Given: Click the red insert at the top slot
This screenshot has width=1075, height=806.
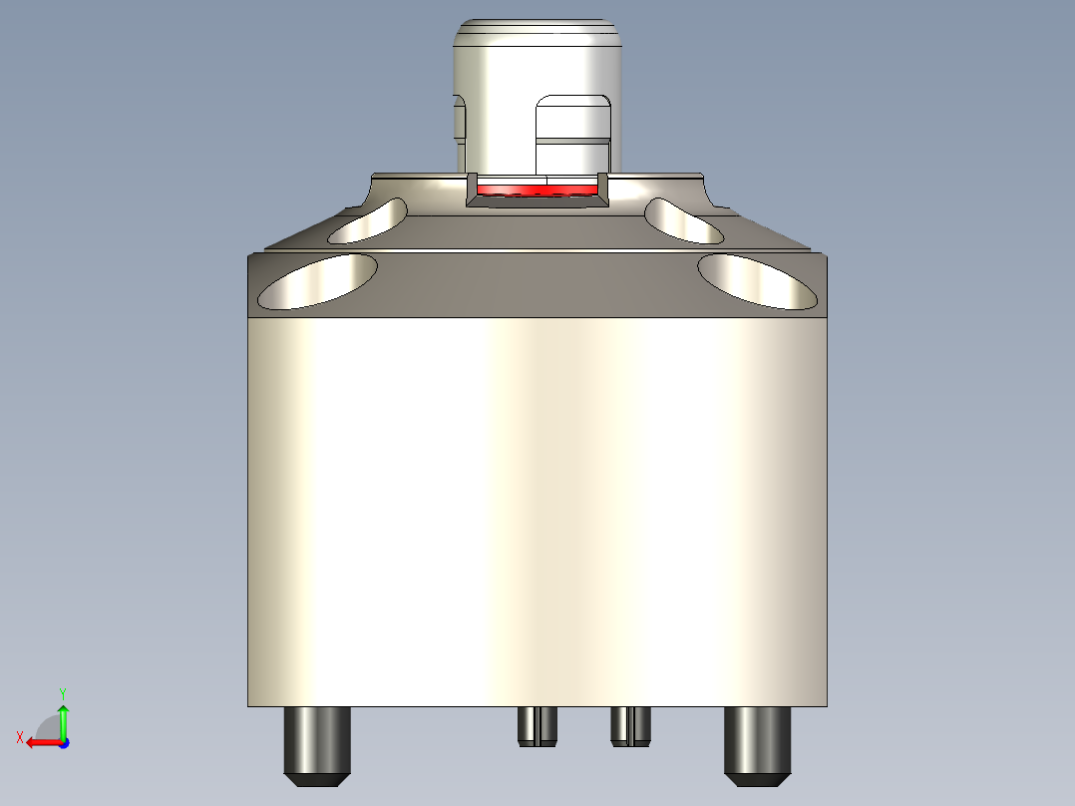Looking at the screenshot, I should coord(537,189).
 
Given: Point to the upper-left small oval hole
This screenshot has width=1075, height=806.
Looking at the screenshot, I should coord(368,221).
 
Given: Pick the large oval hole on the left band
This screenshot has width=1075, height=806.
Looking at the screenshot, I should coord(318,280).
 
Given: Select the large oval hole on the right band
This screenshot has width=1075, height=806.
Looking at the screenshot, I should coord(757,280).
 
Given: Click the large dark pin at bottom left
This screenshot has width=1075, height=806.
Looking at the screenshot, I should coord(317,740).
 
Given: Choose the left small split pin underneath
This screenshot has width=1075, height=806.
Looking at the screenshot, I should coord(537,725).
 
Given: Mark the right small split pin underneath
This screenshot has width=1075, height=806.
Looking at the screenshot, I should coord(630,725).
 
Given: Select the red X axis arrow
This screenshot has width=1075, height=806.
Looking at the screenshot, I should coord(40,742).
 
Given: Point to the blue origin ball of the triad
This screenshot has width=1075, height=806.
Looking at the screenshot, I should coord(64,743).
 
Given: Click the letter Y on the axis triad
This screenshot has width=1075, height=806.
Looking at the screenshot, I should coord(63,692).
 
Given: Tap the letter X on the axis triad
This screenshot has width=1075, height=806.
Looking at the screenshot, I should coord(19,737).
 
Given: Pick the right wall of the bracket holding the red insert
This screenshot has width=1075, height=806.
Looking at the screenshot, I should coord(602,187).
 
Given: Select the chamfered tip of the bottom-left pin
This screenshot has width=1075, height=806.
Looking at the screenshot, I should coord(317,777).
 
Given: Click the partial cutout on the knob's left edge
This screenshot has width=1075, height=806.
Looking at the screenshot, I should coord(460,120).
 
